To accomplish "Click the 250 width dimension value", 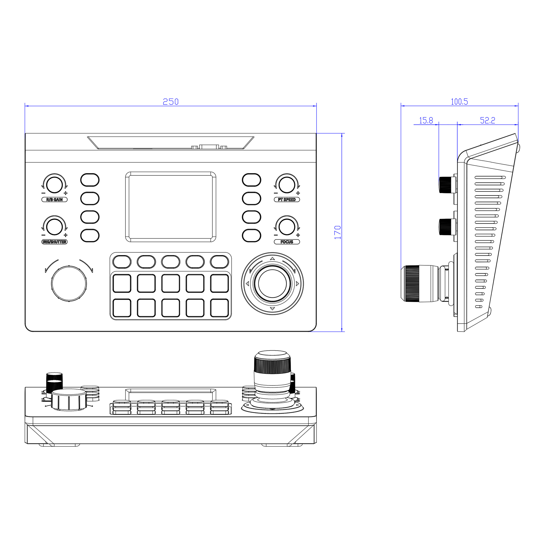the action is pyautogui.click(x=171, y=102).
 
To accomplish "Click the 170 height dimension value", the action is pyautogui.click(x=338, y=232).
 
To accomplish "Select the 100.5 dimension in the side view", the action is pyautogui.click(x=459, y=102).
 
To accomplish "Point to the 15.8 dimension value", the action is pyautogui.click(x=426, y=121).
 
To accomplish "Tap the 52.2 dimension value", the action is pyautogui.click(x=488, y=121).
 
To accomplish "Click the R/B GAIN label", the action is pyautogui.click(x=54, y=200).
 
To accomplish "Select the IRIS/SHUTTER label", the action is pyautogui.click(x=54, y=242).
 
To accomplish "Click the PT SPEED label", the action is pyautogui.click(x=287, y=200).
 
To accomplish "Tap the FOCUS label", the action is pyautogui.click(x=287, y=242).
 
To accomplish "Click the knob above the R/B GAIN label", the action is pyautogui.click(x=54, y=185).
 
